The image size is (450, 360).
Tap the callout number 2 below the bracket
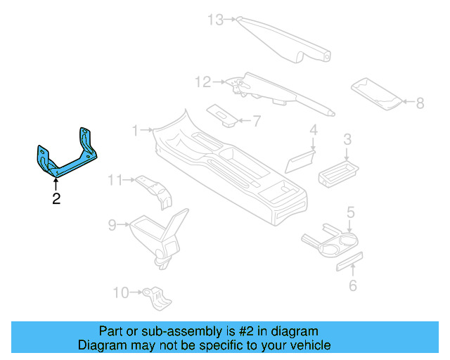coord(56,200)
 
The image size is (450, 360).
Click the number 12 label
coord(202,83)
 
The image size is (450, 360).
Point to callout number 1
coord(136,129)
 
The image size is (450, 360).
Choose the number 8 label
coord(420,103)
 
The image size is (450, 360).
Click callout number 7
coord(256,121)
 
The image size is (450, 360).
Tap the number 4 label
coord(314,130)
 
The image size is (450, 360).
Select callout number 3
coord(347,140)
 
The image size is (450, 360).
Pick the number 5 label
coord(349,211)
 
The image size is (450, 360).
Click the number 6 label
coord(353,285)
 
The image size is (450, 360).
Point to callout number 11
coord(115,181)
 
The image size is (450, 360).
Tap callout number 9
coord(112,225)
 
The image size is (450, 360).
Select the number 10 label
coord(121,292)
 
